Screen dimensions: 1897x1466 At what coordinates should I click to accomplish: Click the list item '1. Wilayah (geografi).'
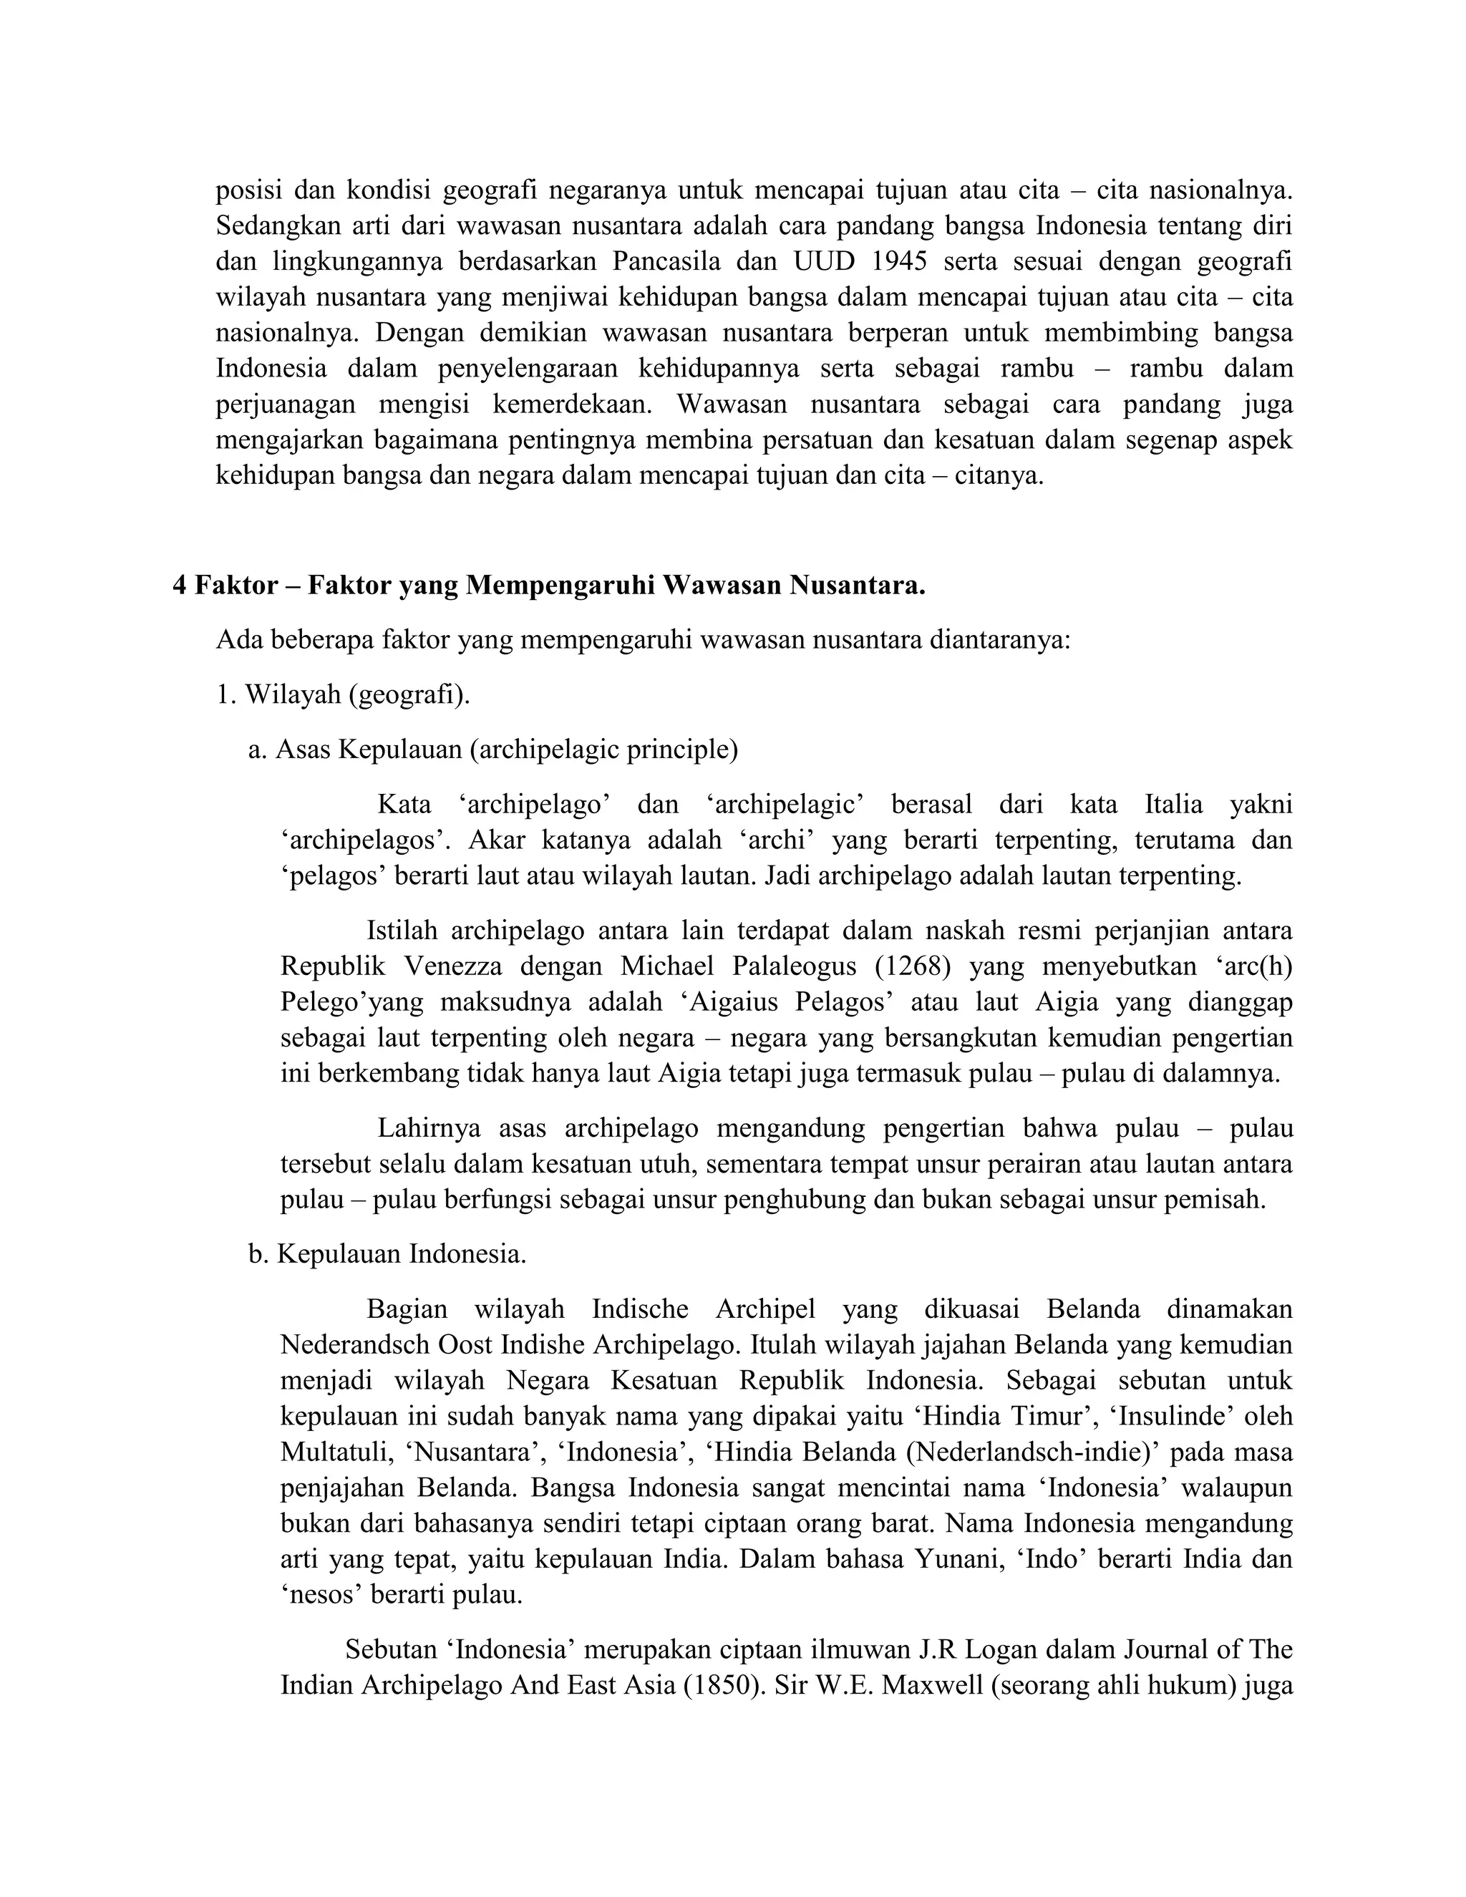[343, 695]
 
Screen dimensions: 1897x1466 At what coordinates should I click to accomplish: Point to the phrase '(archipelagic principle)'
[603, 749]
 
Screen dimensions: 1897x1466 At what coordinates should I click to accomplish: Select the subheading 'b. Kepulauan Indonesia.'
[387, 1254]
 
